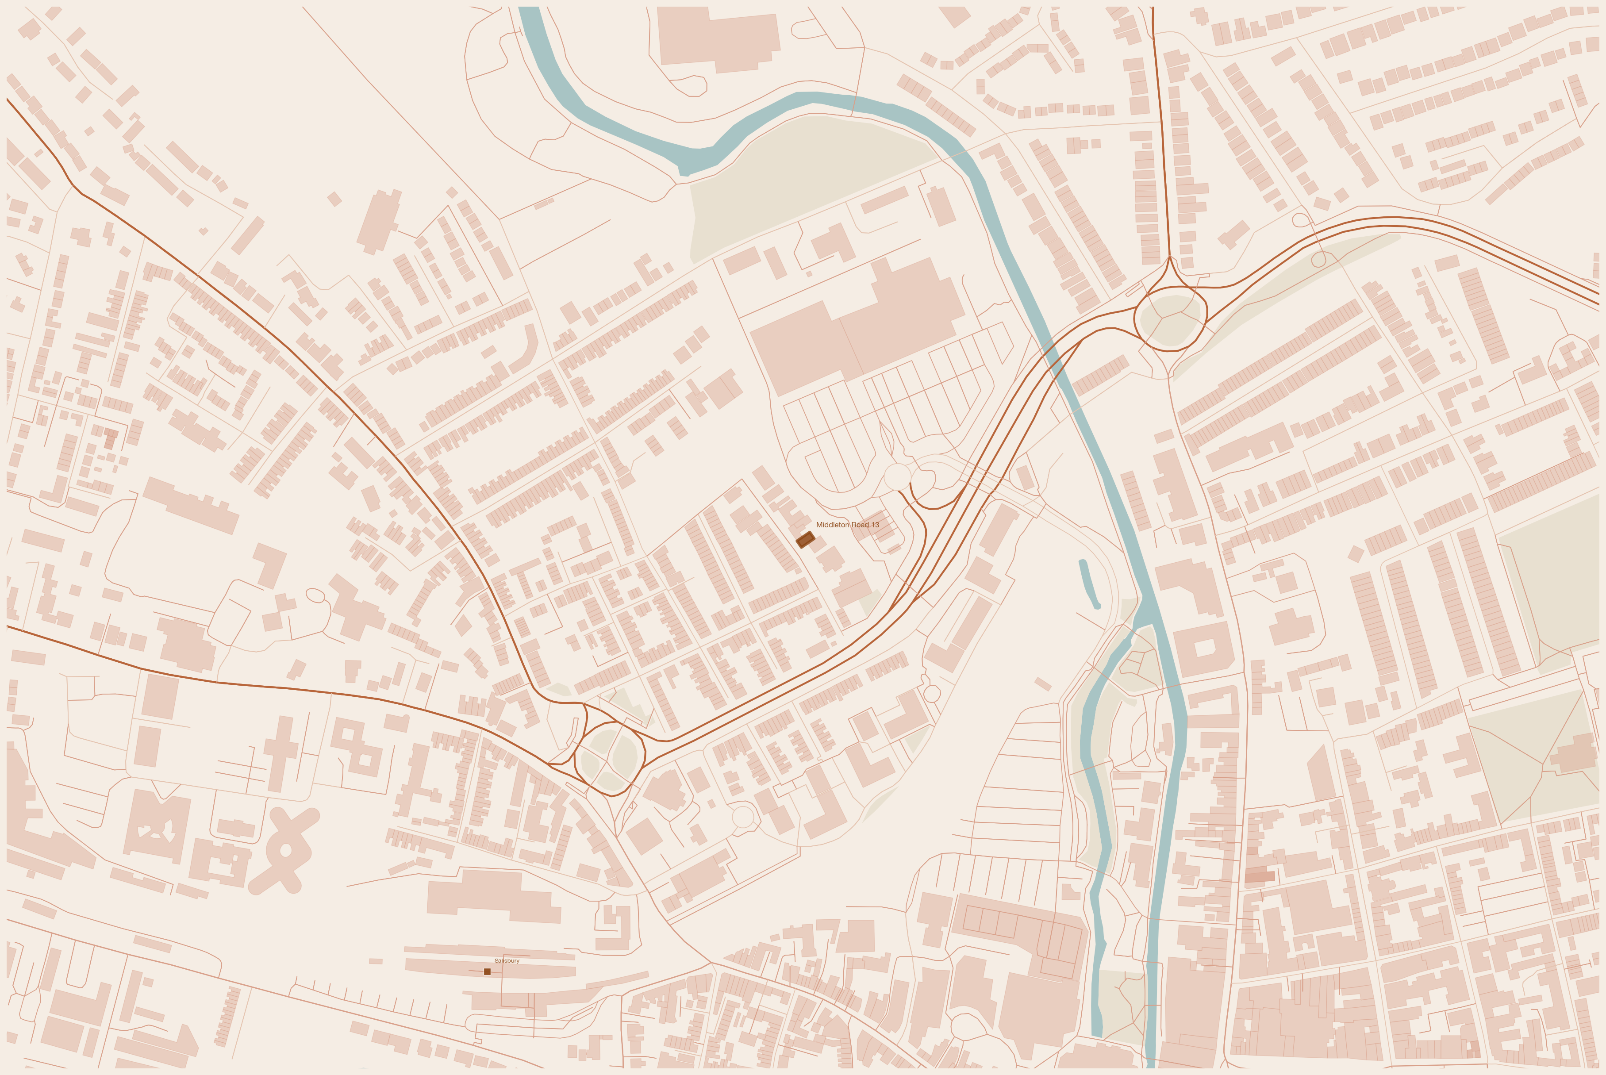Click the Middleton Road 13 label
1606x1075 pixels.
point(847,525)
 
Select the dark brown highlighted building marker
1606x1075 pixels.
point(805,540)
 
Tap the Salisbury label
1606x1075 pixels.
point(507,960)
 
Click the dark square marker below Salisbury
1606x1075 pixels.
point(488,971)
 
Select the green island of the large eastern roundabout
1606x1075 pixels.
point(1171,319)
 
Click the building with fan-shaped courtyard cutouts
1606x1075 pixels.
point(156,825)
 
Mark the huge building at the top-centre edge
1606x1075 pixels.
point(716,38)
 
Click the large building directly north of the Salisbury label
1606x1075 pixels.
point(493,895)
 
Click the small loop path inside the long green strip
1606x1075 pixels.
point(1318,260)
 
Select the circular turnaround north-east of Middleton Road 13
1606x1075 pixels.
point(896,476)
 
